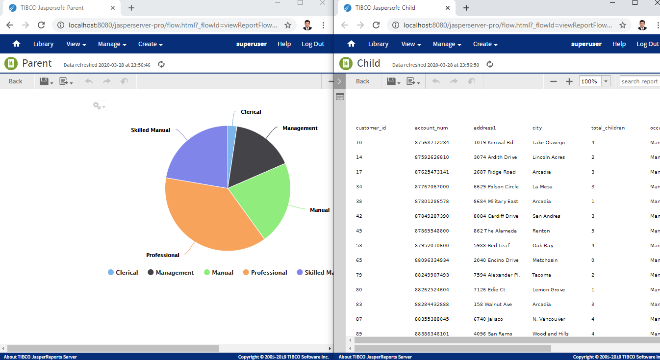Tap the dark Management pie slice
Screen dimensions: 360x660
pos(255,154)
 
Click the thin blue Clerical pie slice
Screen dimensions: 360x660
pos(232,142)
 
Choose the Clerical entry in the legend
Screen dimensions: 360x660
pos(123,273)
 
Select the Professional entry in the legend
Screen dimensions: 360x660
pos(265,273)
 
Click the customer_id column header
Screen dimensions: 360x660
pos(371,128)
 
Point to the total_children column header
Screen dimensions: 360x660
pos(608,128)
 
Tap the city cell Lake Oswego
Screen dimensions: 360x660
pos(549,143)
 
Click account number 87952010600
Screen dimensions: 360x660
pos(432,246)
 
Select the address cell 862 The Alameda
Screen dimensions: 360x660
pos(495,231)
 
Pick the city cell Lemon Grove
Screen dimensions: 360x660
pos(549,290)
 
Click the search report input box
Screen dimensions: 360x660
pos(639,81)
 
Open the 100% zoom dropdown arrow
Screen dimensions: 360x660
pos(606,81)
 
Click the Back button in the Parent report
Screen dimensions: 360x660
pos(16,81)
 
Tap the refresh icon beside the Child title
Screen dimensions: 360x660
pos(489,64)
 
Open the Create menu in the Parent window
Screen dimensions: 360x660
pos(150,44)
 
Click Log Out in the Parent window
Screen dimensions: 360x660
pos(313,44)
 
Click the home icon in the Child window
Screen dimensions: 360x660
pos(351,44)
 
